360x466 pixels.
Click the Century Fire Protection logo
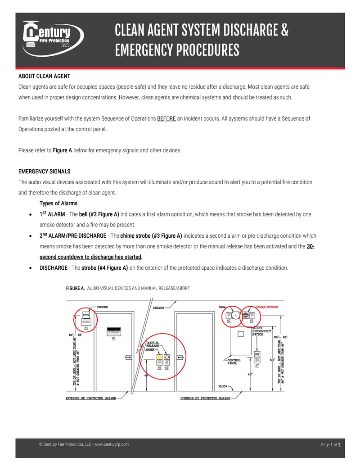tap(53, 39)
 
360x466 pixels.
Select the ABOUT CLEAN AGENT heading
tap(44, 76)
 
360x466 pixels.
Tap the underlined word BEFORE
tap(166, 119)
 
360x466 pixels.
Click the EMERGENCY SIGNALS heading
tap(44, 172)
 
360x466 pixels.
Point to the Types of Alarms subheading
tap(58, 204)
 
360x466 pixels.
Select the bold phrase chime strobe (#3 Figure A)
tap(151, 235)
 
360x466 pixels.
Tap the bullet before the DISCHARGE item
tap(30, 268)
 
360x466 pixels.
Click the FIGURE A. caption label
tap(75, 288)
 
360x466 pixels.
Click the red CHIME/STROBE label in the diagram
tap(267, 307)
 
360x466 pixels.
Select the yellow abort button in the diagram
tap(159, 358)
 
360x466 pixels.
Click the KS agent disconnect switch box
tap(257, 355)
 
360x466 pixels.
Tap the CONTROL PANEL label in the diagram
tap(234, 362)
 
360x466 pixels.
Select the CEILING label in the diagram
tap(159, 308)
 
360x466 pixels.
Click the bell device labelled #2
tap(229, 316)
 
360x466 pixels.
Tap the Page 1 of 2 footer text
tap(331, 445)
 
